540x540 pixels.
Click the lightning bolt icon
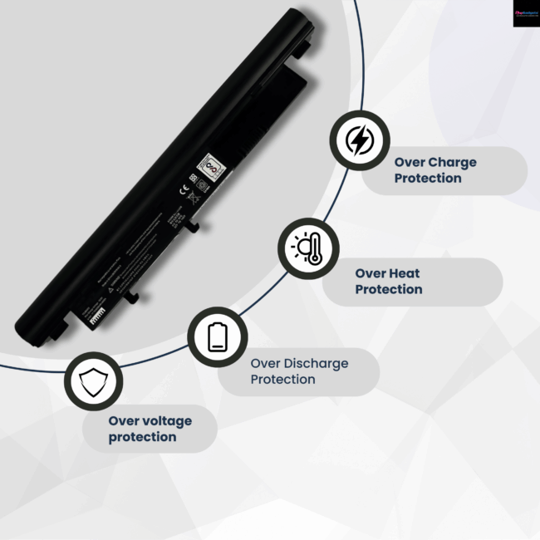(x=359, y=141)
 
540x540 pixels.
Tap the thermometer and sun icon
(x=307, y=248)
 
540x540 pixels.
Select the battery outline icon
(x=217, y=336)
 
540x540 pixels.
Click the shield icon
(x=92, y=381)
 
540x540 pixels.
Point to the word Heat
(x=404, y=273)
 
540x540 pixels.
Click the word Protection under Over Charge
(x=428, y=178)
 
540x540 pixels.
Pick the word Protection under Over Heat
(x=389, y=289)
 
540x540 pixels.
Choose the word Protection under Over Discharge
(x=283, y=379)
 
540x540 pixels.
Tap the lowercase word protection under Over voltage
(x=142, y=436)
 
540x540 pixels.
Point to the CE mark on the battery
(x=184, y=189)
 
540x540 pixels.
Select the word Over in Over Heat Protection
(x=369, y=273)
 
